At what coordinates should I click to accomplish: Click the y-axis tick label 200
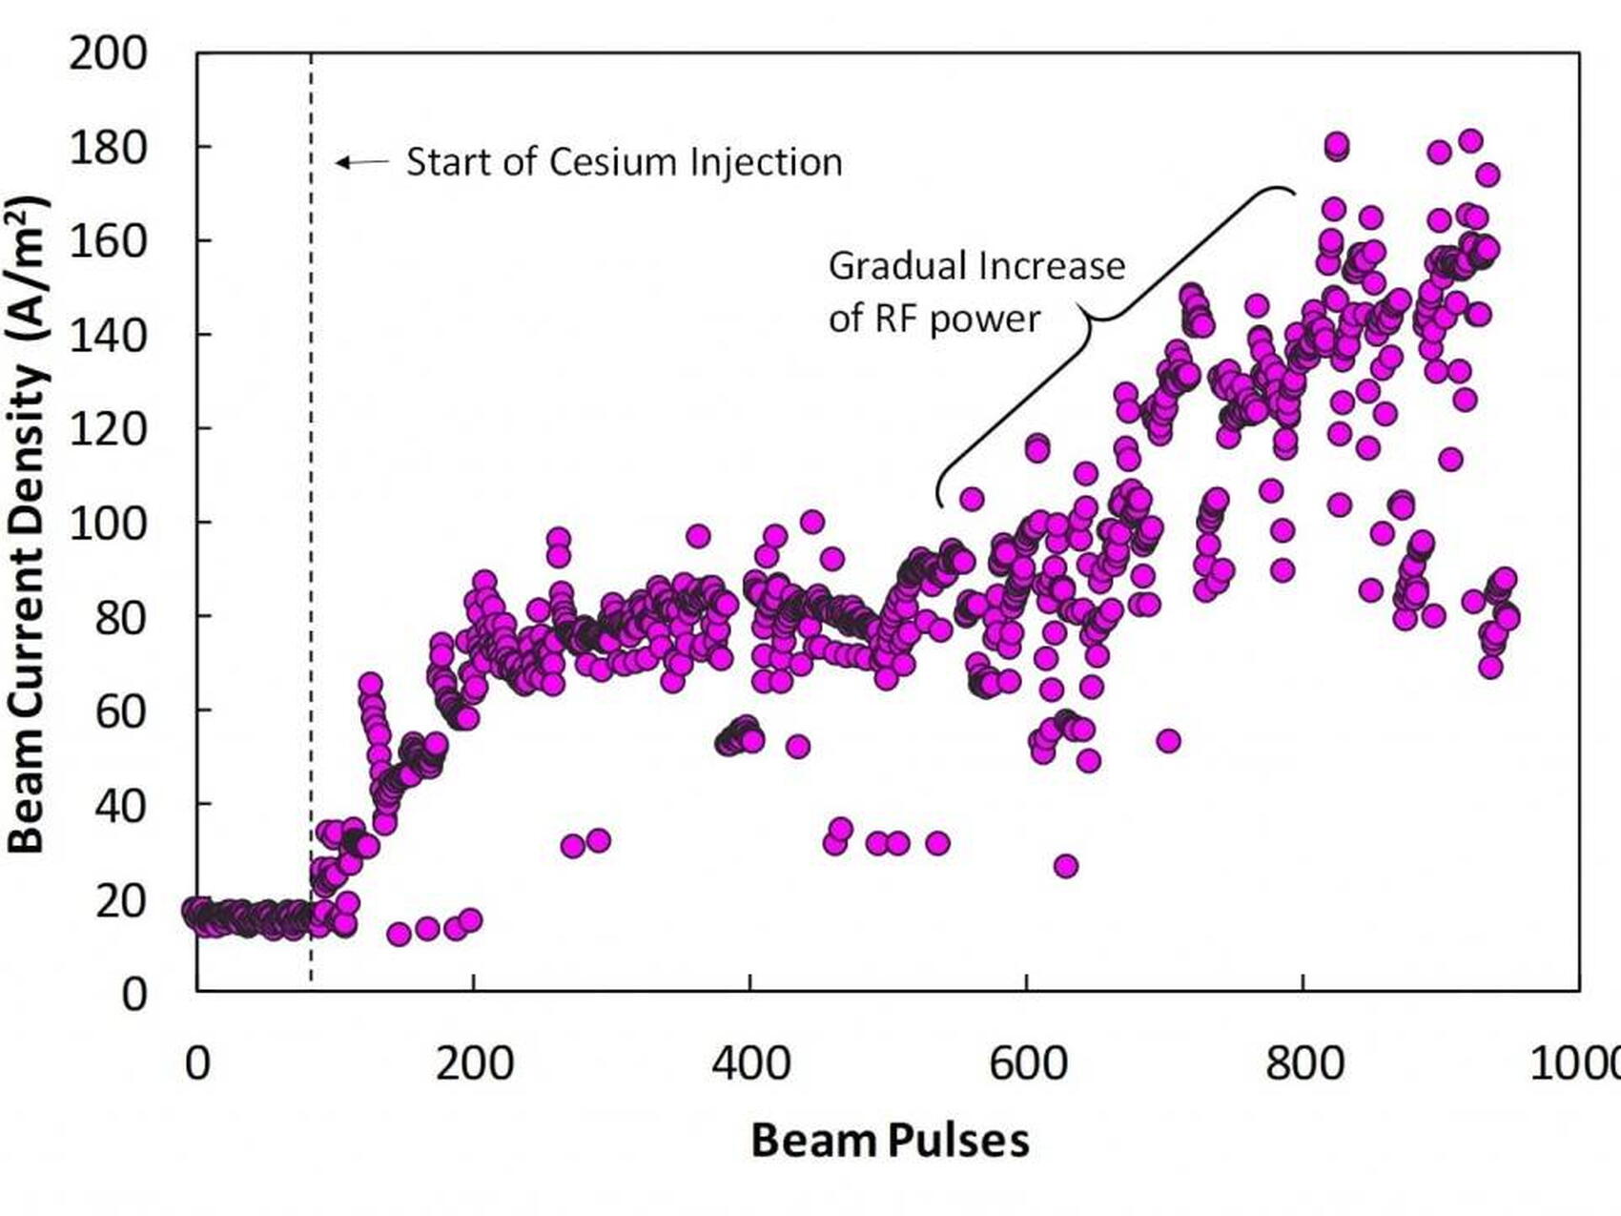click(108, 53)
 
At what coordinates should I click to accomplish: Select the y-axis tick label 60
click(121, 711)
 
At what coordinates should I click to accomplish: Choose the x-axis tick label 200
click(474, 1062)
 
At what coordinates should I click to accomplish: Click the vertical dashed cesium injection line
click(312, 572)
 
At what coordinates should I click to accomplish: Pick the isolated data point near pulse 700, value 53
click(1168, 741)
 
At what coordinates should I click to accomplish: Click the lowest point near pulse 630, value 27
click(1066, 866)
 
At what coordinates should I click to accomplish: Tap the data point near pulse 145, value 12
click(399, 934)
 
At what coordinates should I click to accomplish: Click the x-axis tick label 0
click(197, 1062)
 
